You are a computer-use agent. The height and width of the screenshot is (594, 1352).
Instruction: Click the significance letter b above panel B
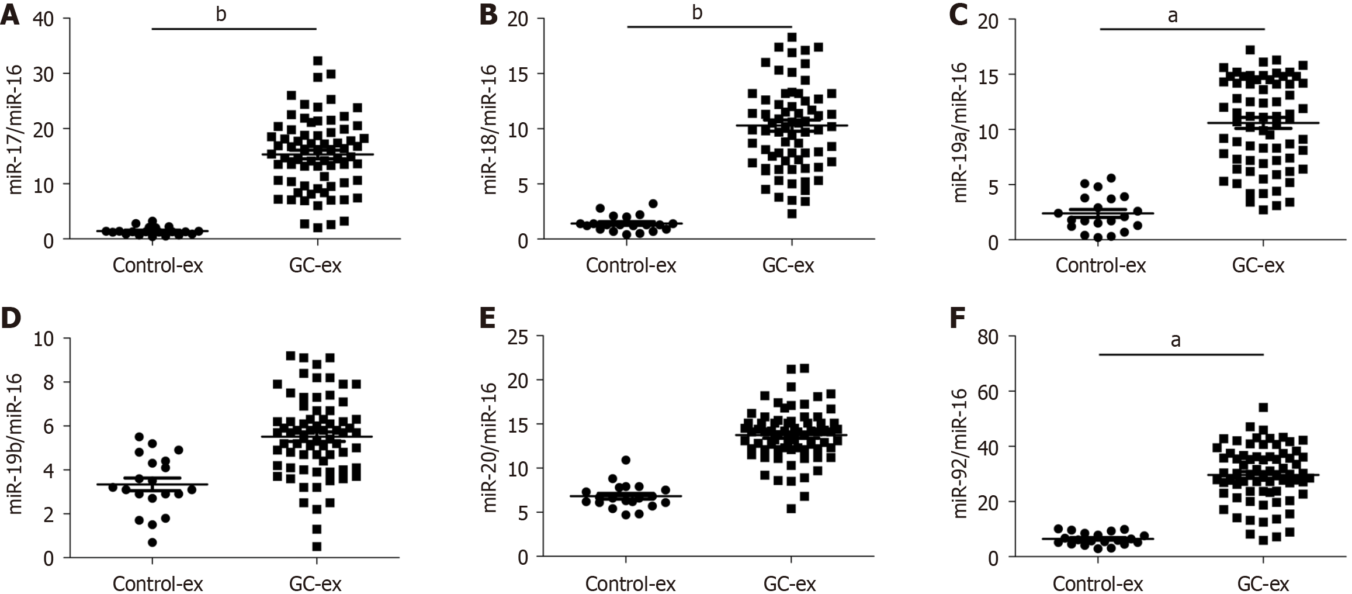(x=697, y=13)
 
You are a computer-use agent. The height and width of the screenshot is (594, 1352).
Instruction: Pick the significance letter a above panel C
(x=1172, y=16)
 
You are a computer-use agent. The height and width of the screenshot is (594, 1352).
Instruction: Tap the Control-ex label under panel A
(x=158, y=266)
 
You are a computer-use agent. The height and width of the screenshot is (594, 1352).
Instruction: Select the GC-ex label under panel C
(x=1259, y=266)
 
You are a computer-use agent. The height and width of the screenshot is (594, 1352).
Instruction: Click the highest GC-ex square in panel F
(x=1263, y=407)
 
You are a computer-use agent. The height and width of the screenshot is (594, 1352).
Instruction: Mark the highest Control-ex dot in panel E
(x=626, y=460)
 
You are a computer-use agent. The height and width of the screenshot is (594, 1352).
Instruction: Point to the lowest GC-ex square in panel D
(x=317, y=547)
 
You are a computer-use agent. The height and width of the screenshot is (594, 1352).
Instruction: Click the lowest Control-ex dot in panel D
(x=152, y=543)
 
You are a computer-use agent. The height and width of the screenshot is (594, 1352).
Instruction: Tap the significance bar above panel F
(x=1181, y=354)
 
